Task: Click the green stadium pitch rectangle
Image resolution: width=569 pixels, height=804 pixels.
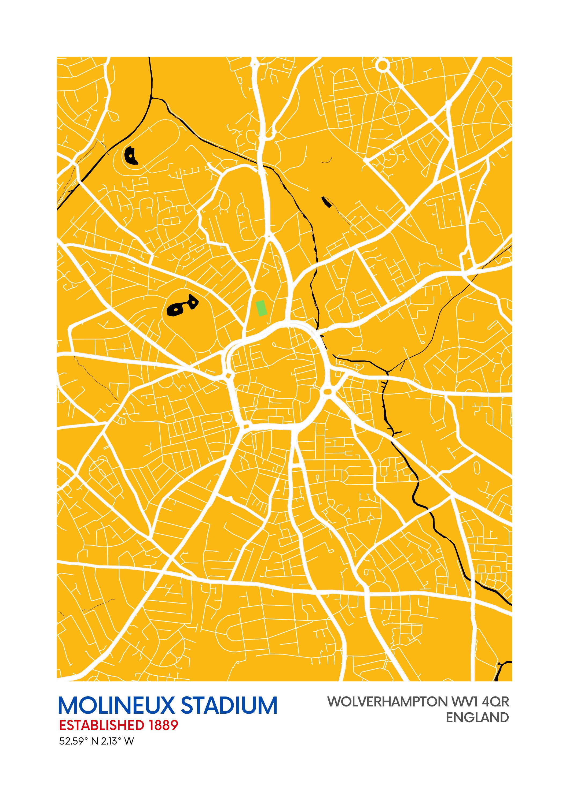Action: [x=262, y=308]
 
